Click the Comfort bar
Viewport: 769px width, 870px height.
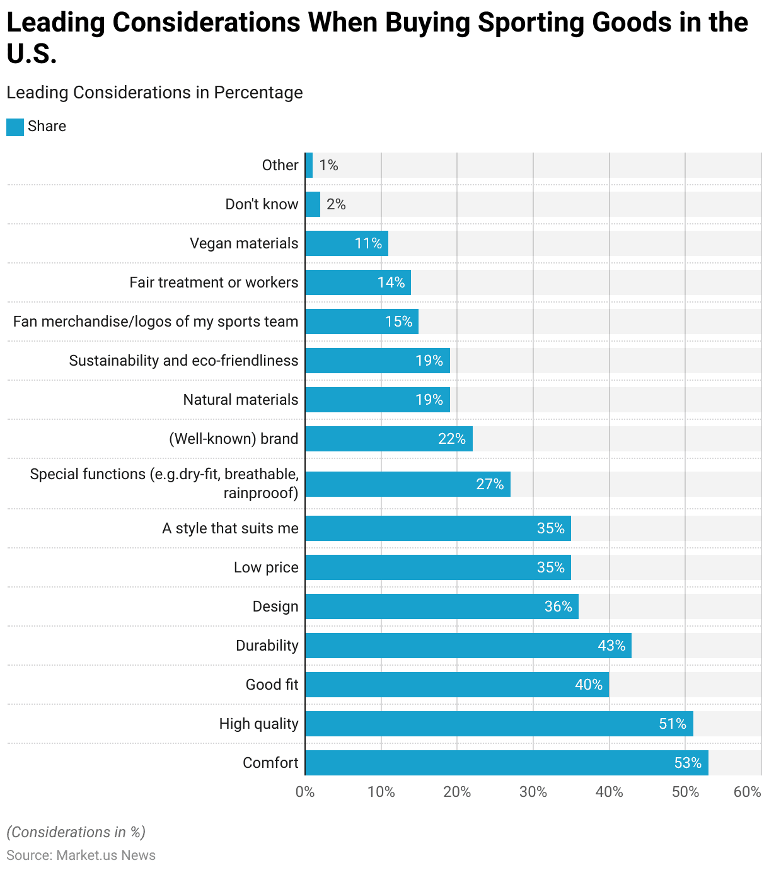click(506, 763)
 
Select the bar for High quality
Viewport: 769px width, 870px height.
click(499, 724)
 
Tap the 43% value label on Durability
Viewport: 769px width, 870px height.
click(611, 646)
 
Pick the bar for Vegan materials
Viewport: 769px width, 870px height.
click(346, 243)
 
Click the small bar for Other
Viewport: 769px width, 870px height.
click(309, 165)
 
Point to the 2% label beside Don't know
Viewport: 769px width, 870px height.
click(336, 204)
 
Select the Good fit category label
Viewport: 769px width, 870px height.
click(272, 685)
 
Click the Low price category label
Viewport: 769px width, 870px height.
click(266, 567)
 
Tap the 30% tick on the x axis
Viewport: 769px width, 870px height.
click(533, 792)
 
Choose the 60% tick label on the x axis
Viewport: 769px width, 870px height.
click(748, 792)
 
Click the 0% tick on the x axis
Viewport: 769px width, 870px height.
click(305, 792)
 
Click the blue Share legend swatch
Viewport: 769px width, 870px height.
click(15, 127)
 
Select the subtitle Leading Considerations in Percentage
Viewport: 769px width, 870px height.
click(154, 93)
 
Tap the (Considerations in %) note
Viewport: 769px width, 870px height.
click(76, 832)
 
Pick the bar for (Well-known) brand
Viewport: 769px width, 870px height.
click(388, 439)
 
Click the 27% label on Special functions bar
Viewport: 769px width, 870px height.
click(490, 484)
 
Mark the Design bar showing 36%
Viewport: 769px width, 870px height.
click(441, 606)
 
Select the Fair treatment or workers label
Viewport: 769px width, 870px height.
click(214, 282)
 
